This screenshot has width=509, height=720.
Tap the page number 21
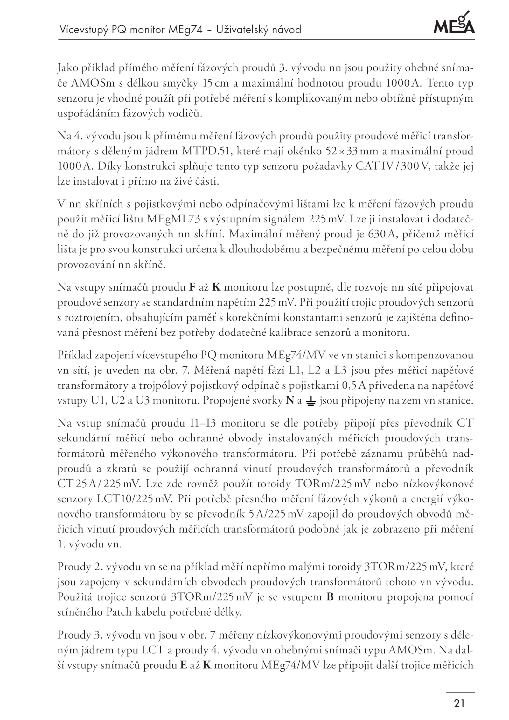coord(459,703)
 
